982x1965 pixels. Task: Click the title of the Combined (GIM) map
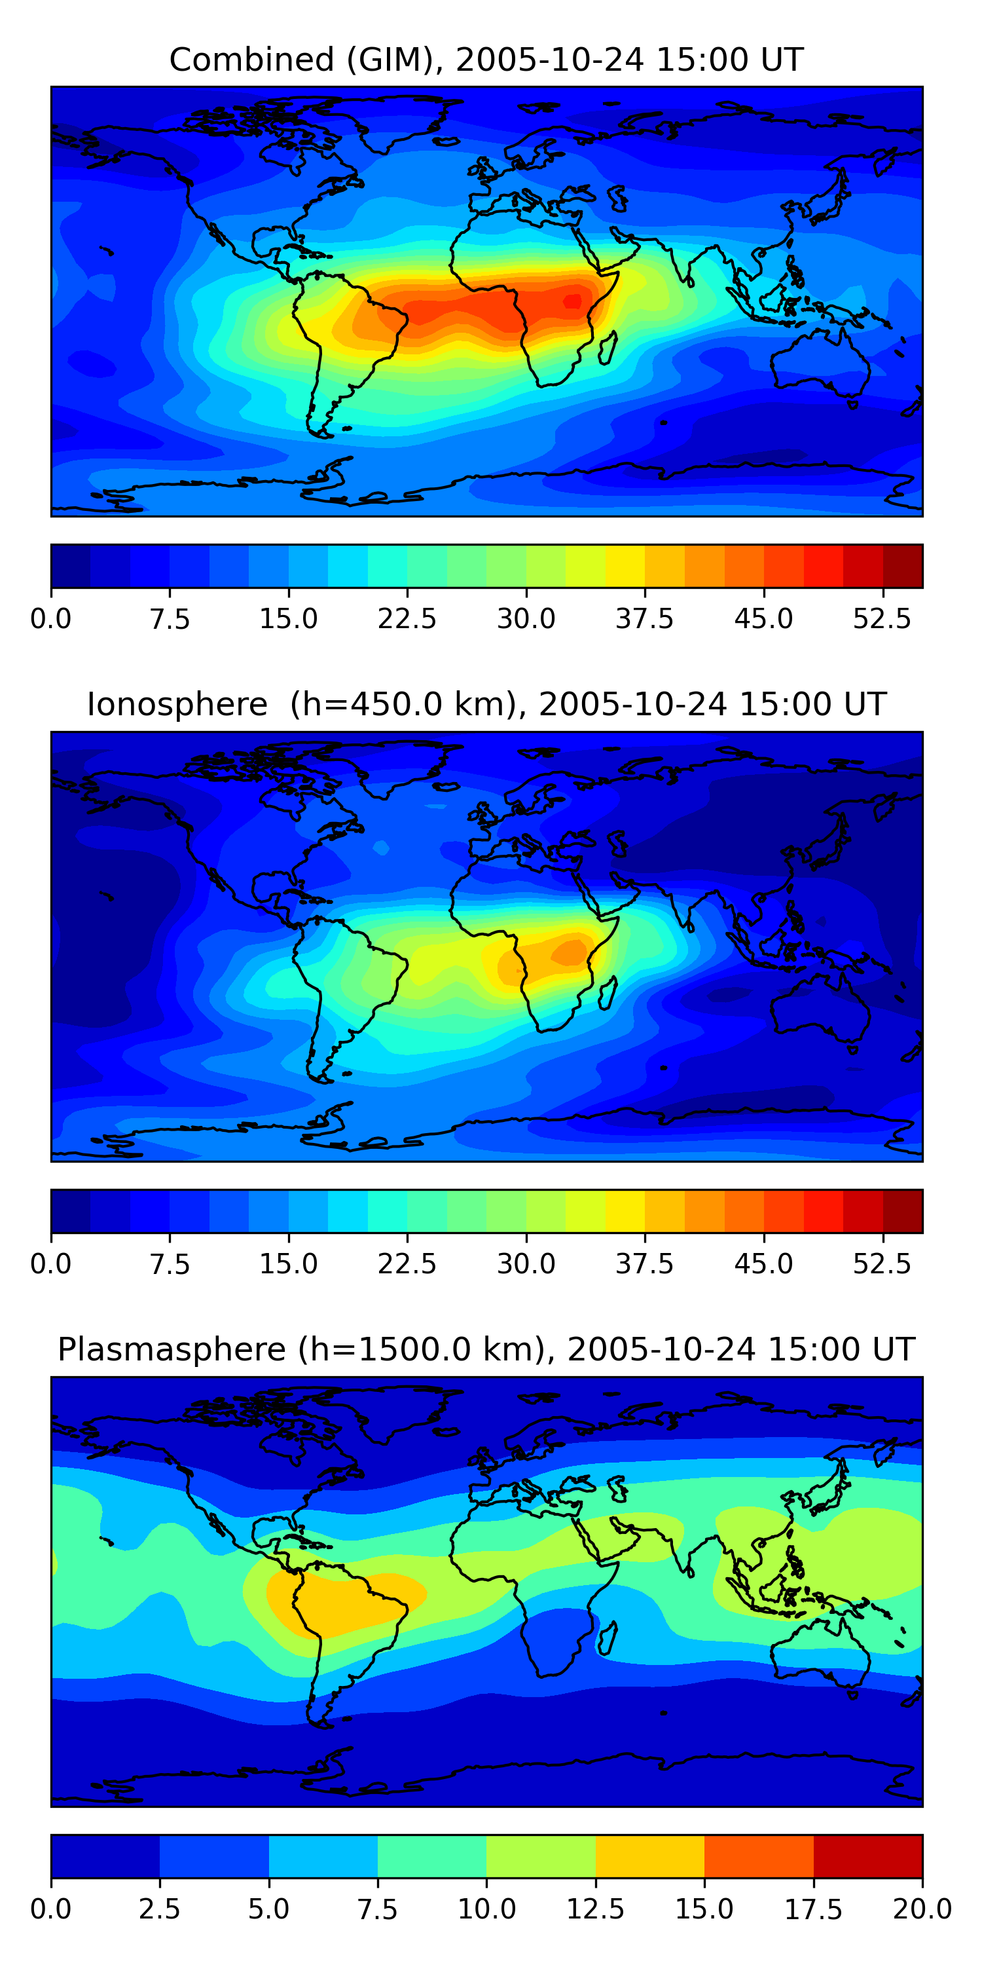(486, 60)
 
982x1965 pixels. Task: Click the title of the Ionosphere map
(486, 704)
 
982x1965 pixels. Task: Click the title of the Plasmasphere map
(486, 1349)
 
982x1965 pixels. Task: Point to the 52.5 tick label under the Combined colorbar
(882, 618)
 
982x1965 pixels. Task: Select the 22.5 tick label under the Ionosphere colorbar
(407, 1263)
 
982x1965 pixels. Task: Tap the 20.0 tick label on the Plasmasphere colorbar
(922, 1909)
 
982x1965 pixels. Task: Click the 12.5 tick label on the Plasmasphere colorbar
(596, 1909)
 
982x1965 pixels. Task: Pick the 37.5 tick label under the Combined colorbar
(645, 618)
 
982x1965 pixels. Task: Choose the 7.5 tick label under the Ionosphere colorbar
(170, 1263)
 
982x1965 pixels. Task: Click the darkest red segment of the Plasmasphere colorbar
(867, 1856)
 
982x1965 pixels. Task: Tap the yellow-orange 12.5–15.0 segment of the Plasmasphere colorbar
(649, 1856)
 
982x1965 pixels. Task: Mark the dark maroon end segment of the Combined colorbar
(903, 566)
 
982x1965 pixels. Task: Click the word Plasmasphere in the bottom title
(172, 1349)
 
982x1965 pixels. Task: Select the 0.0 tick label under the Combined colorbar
(51, 618)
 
